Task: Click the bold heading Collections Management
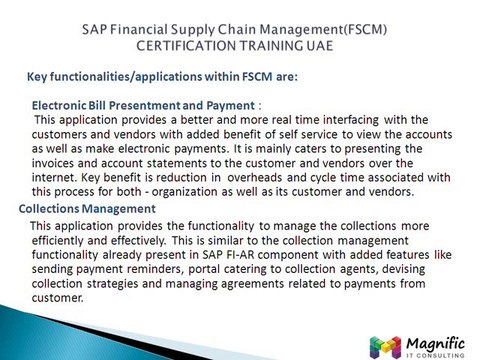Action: pyautogui.click(x=88, y=208)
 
